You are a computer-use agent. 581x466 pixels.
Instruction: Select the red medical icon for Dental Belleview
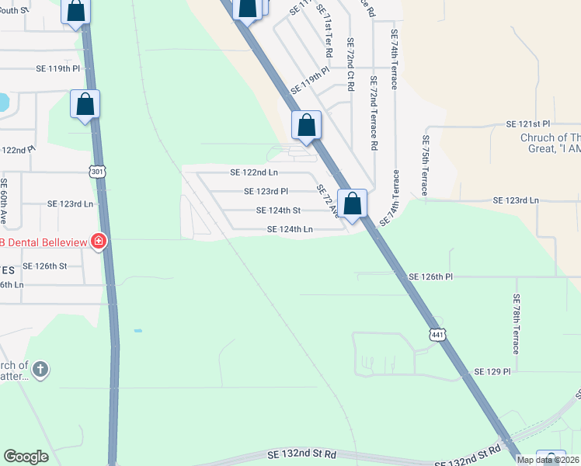click(98, 242)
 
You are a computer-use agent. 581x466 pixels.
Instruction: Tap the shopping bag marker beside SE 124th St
click(352, 205)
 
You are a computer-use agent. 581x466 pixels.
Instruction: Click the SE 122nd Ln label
click(253, 172)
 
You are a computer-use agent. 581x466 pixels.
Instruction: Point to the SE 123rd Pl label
click(266, 191)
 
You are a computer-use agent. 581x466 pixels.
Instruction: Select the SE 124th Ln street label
click(290, 229)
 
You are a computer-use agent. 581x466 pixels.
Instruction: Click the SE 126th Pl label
click(431, 276)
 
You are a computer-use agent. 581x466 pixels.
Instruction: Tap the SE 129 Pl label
click(492, 372)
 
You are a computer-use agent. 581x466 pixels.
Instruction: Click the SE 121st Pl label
click(527, 124)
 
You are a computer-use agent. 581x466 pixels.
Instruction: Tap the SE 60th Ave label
click(4, 201)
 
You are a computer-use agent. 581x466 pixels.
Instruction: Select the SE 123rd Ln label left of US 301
click(70, 203)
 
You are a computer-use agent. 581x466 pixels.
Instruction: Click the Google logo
click(26, 457)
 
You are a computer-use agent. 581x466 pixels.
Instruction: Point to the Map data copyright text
click(548, 460)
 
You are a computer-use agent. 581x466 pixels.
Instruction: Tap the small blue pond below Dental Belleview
click(137, 331)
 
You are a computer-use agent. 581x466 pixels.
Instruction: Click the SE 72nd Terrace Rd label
click(374, 113)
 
